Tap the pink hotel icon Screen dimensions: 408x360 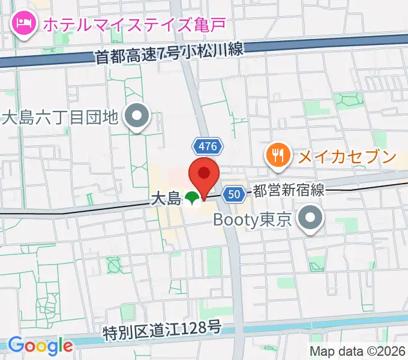(23, 25)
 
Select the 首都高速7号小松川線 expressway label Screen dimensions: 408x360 (170, 52)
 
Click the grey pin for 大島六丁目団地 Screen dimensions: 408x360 (137, 115)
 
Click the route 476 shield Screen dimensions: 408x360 (208, 146)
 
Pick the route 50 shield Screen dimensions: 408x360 (235, 193)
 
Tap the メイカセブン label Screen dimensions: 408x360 (347, 157)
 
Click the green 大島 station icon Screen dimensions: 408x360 (192, 198)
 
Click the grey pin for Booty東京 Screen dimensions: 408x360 (310, 219)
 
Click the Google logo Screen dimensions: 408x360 (40, 346)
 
